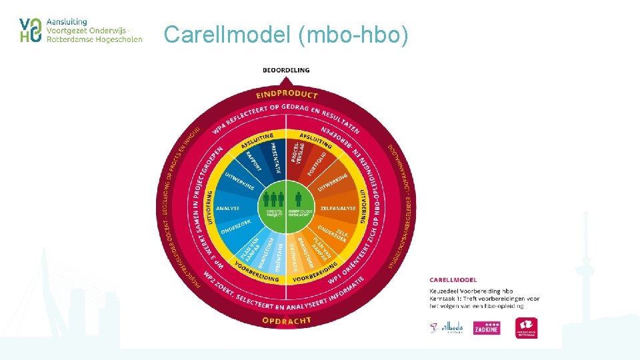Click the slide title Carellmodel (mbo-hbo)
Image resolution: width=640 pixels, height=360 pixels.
285,34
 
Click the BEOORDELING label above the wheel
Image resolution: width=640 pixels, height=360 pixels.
285,70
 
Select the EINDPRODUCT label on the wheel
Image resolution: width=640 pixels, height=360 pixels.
287,94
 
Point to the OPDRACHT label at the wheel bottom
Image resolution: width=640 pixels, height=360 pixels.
287,321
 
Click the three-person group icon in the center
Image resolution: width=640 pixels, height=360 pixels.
273,199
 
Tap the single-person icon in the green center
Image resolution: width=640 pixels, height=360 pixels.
299,199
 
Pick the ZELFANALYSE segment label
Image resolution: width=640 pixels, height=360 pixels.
338,208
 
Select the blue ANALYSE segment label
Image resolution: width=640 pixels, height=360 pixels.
227,208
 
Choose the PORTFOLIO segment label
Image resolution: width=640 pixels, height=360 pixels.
317,163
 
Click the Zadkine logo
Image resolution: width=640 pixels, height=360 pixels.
486,328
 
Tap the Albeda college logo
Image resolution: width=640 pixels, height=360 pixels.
447,328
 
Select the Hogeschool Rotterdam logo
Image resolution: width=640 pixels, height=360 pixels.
527,327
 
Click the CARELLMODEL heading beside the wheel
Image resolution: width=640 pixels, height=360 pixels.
453,280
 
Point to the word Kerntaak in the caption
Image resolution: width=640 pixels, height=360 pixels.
443,299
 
